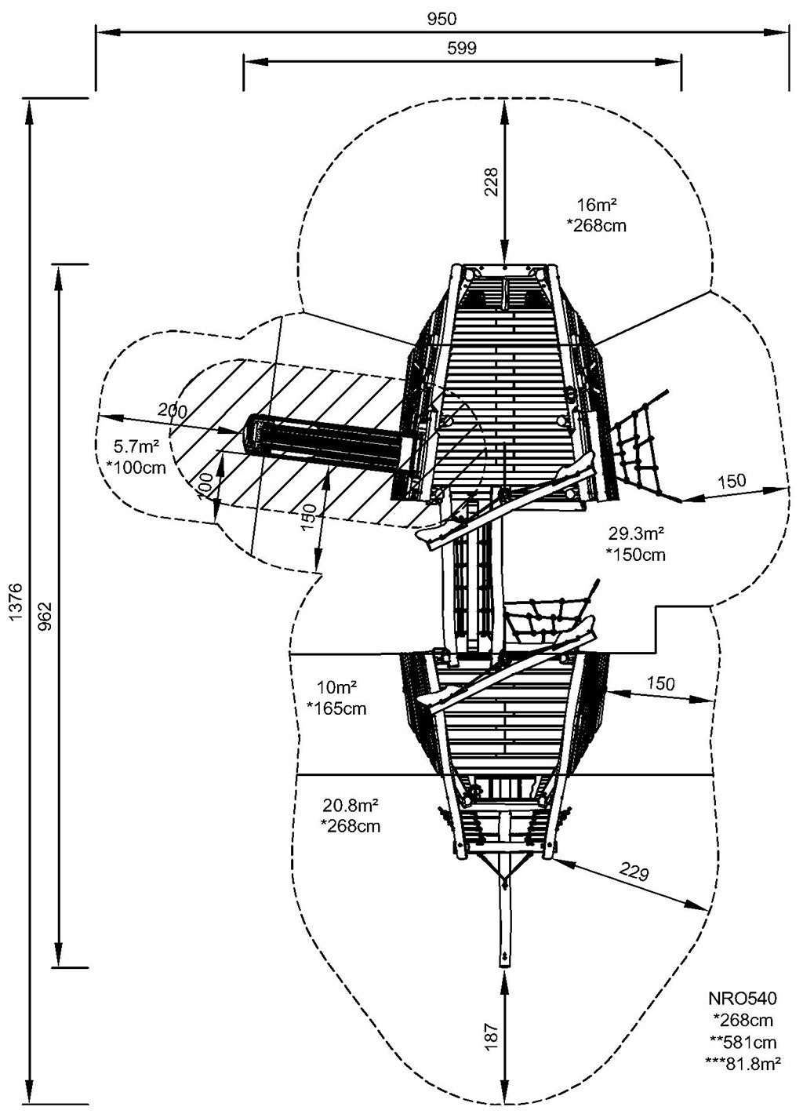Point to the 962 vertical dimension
tap(46, 616)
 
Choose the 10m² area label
tap(336, 688)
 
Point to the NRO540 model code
tap(743, 999)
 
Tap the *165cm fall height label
tap(336, 709)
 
